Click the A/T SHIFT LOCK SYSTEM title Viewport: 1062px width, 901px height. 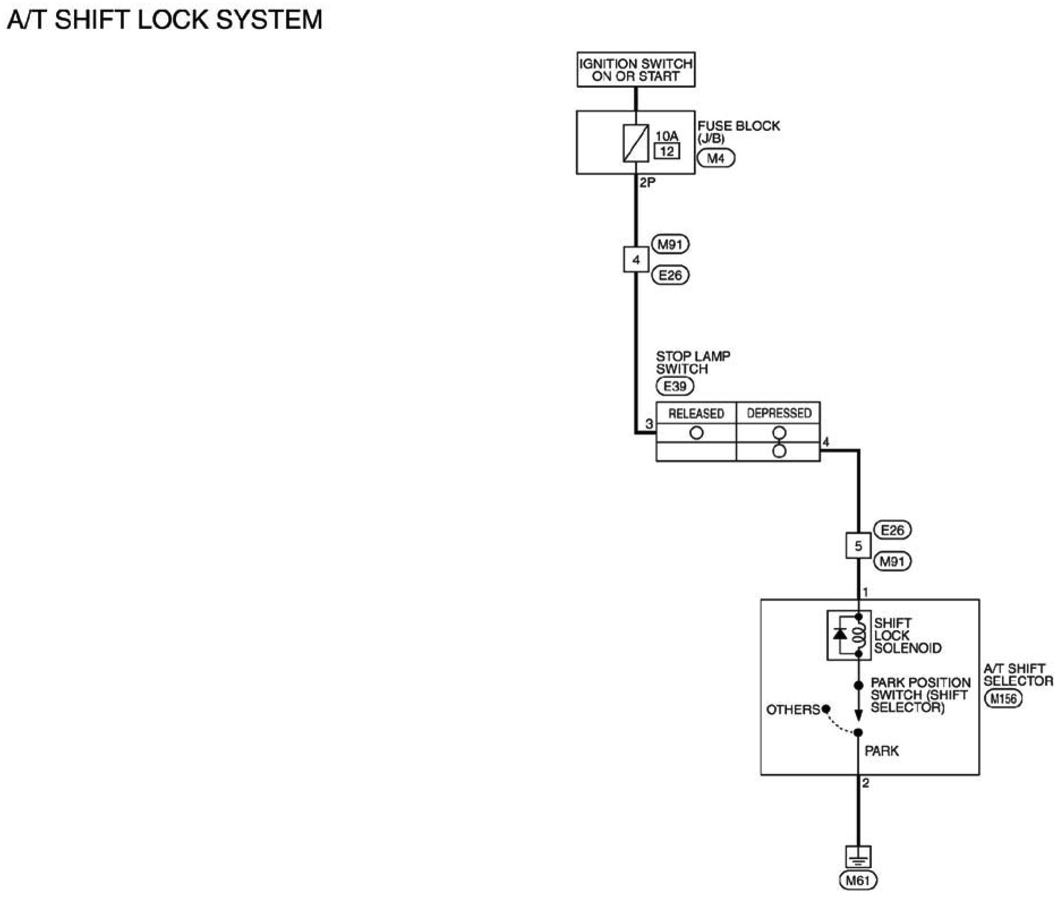tap(164, 20)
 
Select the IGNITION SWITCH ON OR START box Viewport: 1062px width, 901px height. tap(636, 70)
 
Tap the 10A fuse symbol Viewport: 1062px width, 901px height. tap(636, 143)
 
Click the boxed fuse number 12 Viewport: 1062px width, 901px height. tap(667, 151)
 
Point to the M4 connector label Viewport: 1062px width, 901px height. tap(716, 159)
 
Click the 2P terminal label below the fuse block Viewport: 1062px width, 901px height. tap(647, 183)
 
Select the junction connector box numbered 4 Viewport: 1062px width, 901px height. tap(636, 260)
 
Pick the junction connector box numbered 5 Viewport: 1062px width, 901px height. tap(858, 546)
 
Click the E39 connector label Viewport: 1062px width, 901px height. tap(675, 386)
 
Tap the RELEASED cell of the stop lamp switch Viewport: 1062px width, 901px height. tap(696, 413)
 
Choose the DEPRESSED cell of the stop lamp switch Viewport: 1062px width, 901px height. tap(778, 413)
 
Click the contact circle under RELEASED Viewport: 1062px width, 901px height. tap(696, 433)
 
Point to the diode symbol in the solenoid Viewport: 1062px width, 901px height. tap(841, 634)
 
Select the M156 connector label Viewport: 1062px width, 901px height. tap(1003, 698)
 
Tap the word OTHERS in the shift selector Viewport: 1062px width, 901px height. tap(793, 709)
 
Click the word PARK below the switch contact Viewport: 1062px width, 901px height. tap(881, 751)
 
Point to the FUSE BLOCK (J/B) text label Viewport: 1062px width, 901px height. tap(739, 131)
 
